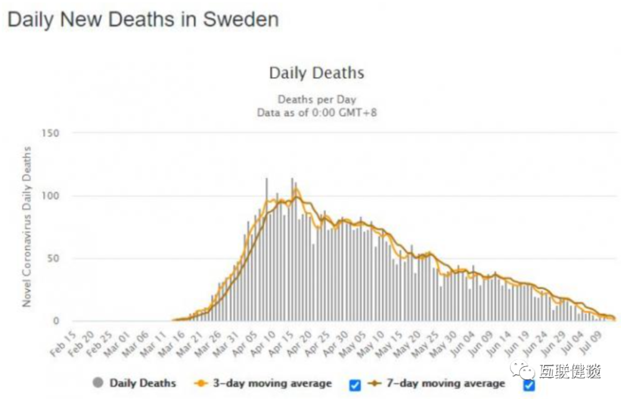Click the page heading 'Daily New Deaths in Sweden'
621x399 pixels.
[143, 19]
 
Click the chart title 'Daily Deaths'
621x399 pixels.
[316, 73]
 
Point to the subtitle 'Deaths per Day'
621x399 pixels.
[317, 99]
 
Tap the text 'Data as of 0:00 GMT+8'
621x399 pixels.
[317, 112]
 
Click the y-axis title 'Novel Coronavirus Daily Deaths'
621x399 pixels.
[27, 227]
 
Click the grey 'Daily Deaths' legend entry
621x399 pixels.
[135, 383]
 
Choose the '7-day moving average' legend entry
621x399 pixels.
[442, 383]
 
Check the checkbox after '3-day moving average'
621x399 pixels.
[355, 385]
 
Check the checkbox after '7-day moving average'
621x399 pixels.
[529, 385]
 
